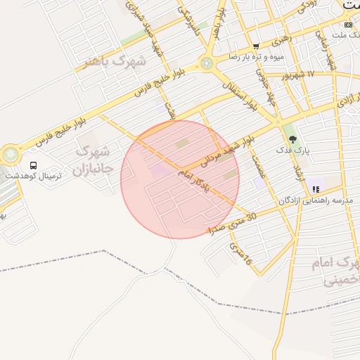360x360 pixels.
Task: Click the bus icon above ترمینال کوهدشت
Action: (x=34, y=165)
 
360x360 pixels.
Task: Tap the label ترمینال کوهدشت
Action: (x=33, y=176)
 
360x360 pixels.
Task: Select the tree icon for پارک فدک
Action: (x=292, y=139)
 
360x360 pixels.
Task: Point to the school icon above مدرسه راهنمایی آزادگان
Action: (x=316, y=189)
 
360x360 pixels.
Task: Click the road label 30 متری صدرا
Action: (x=233, y=223)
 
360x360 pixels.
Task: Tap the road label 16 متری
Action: (x=239, y=255)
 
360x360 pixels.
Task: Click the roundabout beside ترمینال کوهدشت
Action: (x=11, y=153)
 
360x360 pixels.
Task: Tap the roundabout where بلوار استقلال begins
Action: (x=206, y=63)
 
